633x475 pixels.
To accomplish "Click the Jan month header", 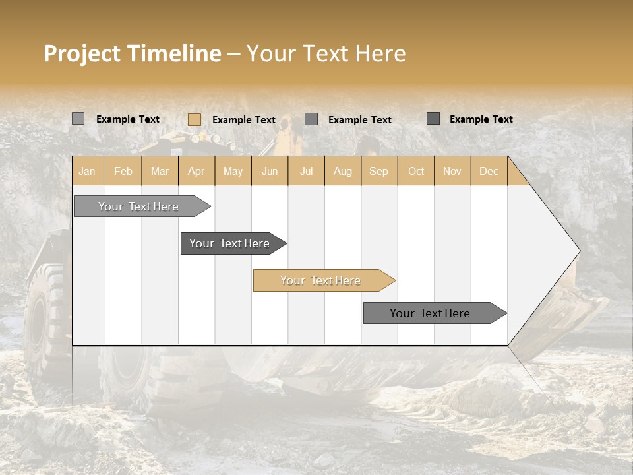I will click(87, 171).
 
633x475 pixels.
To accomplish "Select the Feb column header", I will click(123, 171).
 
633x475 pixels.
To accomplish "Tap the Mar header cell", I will click(160, 171).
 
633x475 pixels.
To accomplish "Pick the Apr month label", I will click(196, 171).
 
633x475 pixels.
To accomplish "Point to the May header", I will click(233, 171).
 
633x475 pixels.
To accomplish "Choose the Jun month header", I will click(270, 171).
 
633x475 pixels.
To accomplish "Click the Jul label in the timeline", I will click(306, 171).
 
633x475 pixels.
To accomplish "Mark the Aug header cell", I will click(343, 171).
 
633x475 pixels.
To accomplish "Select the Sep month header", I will click(379, 171).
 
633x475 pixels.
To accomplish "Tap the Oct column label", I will click(416, 171).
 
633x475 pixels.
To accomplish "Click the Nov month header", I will click(452, 171).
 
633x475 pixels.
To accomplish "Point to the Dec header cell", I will click(489, 171).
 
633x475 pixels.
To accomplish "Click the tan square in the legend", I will click(195, 119).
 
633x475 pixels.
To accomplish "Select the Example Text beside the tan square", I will click(244, 120).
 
